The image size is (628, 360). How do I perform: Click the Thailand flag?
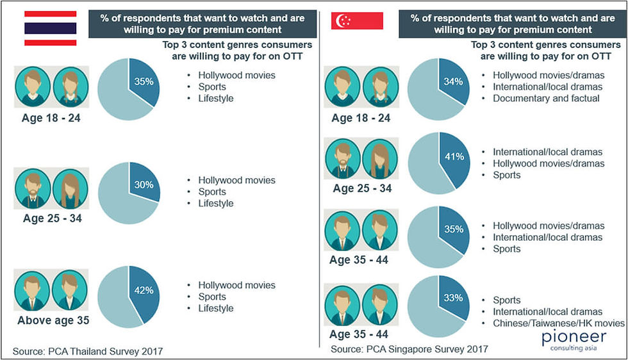coord(51,28)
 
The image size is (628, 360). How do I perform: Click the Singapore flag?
coord(357,21)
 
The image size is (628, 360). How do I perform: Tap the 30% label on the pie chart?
coord(144,184)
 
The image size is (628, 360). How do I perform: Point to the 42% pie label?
coord(144,290)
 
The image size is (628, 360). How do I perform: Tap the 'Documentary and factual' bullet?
coord(546,98)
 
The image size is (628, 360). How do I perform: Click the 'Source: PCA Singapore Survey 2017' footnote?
coord(409,349)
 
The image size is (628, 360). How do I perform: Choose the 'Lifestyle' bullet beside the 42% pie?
coord(216,308)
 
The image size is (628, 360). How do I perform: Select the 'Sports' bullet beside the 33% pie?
coord(506,300)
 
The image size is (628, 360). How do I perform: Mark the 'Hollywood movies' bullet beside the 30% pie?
coord(236,180)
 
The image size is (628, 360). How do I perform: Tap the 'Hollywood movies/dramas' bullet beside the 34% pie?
coord(548,75)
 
